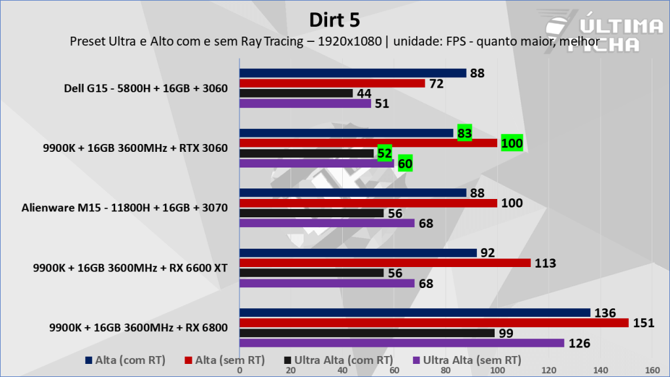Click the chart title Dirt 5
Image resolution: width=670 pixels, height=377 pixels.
334,20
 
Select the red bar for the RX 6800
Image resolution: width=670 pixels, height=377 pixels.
434,323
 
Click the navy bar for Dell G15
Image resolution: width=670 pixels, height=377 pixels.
353,73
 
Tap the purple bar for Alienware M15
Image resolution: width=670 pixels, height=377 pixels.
327,223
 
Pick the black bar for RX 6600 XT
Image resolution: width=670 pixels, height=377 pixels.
311,273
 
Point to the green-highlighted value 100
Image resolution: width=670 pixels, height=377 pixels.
512,143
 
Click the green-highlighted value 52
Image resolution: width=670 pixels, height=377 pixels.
385,153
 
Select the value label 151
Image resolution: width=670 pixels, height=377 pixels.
642,323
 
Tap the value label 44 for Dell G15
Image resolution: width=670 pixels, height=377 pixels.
364,94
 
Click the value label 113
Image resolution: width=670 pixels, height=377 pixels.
544,263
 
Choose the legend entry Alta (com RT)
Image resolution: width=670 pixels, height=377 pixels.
126,359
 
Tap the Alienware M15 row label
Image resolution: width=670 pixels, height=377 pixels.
124,208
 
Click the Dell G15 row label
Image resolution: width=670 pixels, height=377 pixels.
146,88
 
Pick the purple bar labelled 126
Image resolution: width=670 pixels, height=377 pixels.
402,343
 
